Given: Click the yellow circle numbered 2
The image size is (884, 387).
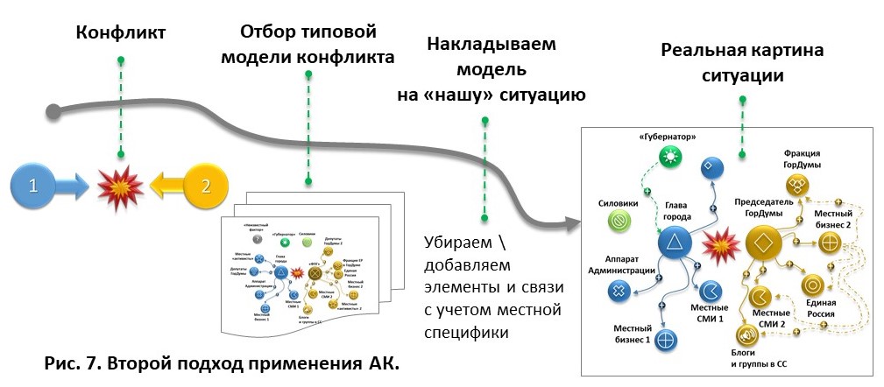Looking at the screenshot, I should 206,186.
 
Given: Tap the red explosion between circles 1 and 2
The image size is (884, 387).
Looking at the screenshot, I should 118,186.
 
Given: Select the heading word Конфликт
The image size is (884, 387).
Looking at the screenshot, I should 121,34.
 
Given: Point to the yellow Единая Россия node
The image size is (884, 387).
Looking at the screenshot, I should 811,285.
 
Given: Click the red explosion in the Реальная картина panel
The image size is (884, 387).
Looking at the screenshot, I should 718,245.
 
